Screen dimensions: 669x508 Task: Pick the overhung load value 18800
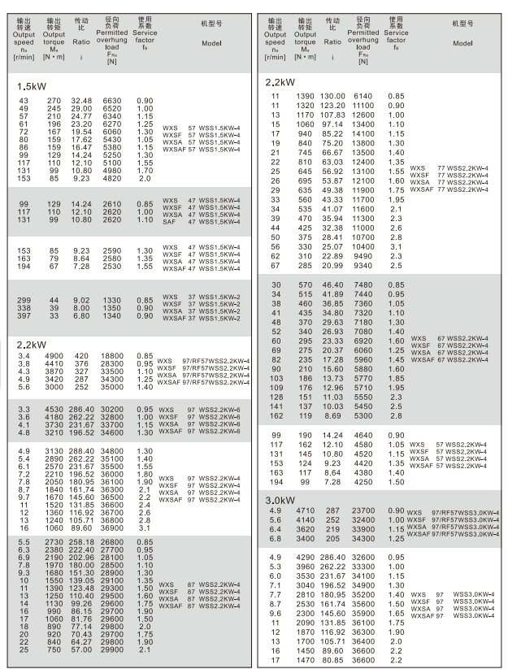click(114, 355)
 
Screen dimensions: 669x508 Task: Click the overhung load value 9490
click(363, 256)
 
